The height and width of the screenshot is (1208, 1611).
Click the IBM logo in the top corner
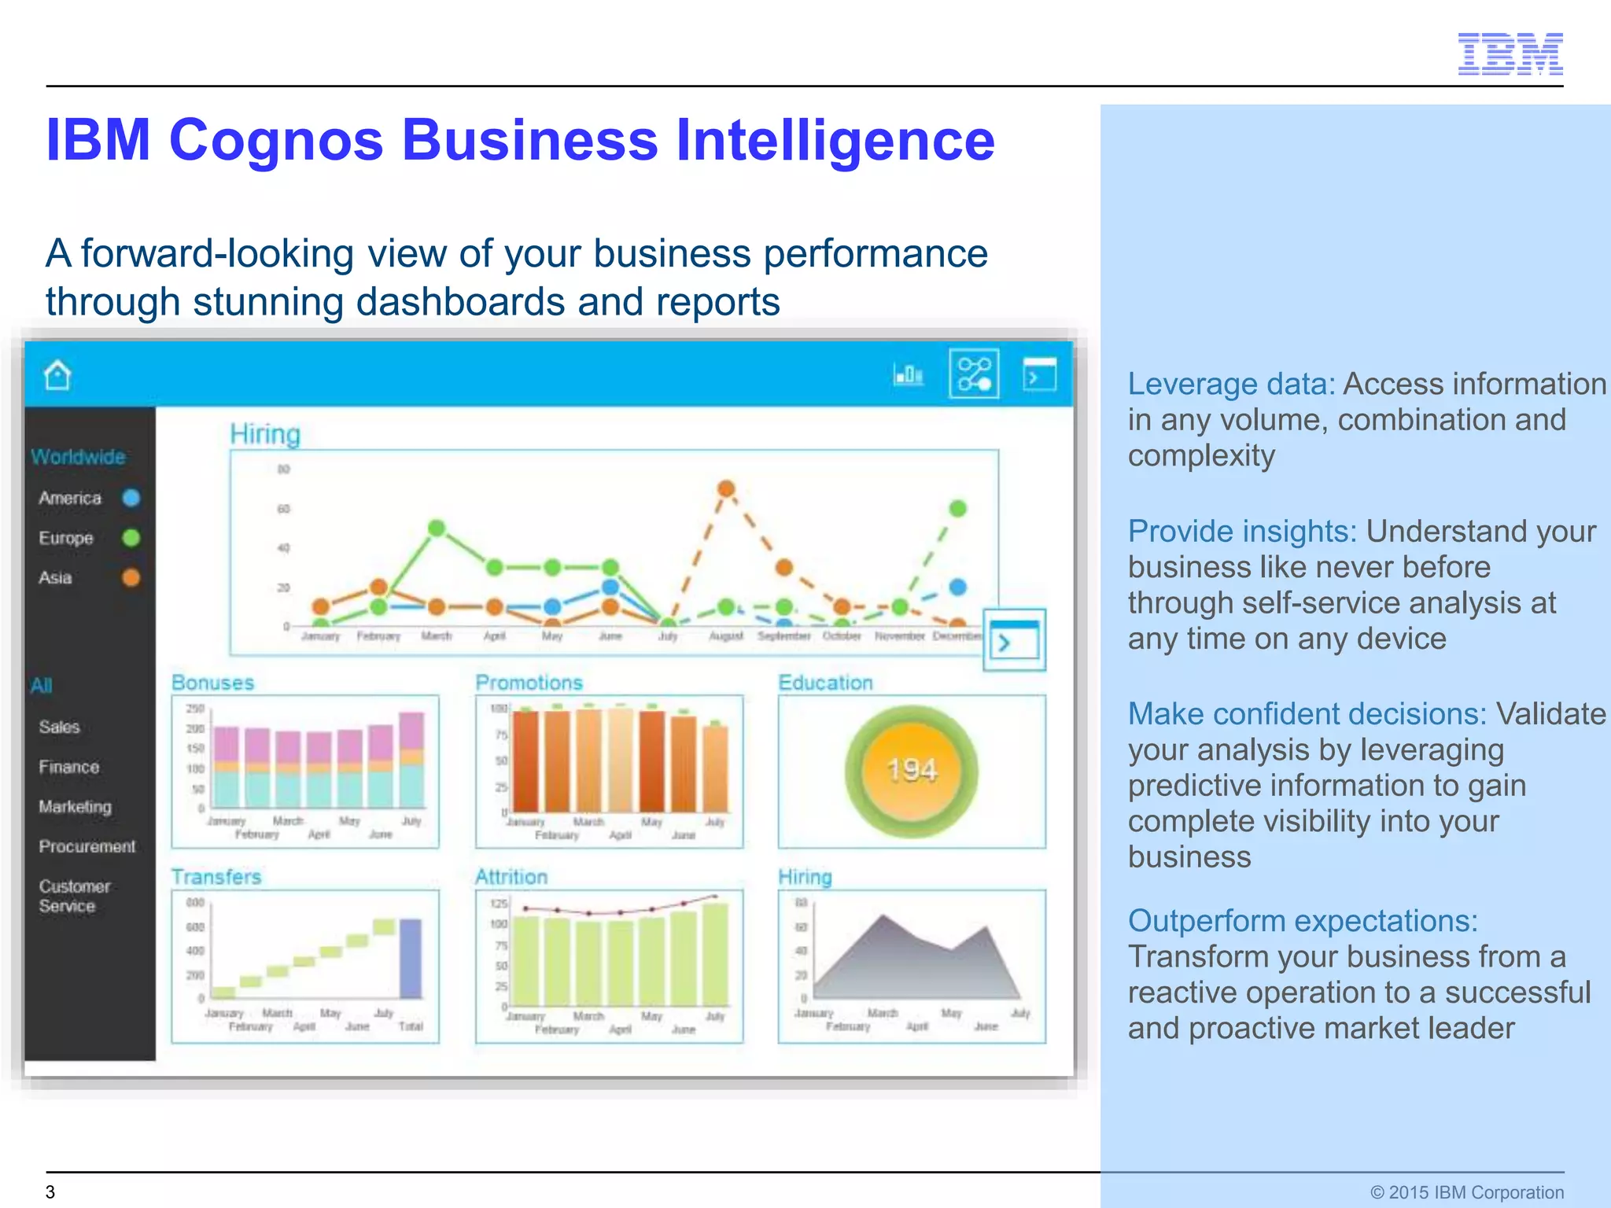1510,54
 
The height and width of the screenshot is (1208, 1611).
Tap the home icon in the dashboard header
57,375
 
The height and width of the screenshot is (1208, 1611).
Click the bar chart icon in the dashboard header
908,374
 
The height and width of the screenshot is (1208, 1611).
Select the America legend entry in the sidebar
70,498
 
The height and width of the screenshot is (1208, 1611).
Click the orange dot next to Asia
131,578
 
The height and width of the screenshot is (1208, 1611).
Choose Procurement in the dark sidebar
87,846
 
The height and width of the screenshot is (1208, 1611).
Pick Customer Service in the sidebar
74,896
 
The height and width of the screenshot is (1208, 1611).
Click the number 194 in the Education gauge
912,770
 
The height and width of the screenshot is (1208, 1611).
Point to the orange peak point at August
726,489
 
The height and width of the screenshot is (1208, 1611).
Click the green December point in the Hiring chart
957,509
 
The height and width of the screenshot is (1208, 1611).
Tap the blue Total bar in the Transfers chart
411,959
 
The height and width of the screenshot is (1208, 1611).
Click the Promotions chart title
529,683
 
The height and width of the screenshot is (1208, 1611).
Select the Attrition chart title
511,877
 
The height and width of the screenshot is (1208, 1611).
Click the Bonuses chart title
212,683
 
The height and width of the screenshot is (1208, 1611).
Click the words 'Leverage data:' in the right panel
1231,384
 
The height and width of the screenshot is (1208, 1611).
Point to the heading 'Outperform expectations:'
1303,920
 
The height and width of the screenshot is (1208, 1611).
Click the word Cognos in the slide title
275,140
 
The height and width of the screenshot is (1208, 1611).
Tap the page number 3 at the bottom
50,1191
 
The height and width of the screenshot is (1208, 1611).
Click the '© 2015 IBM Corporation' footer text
1466,1192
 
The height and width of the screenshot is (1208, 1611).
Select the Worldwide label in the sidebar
78,457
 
